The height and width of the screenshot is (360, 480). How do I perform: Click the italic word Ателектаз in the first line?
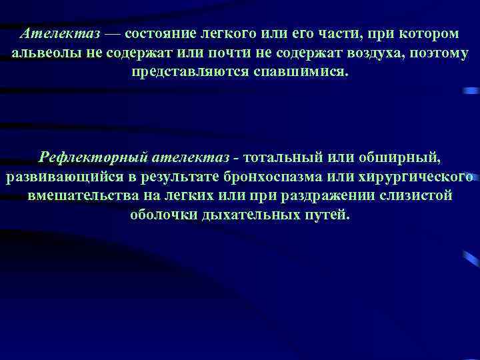tap(59, 33)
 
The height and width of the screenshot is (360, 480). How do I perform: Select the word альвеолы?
tap(46, 53)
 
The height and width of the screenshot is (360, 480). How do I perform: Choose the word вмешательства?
tap(81, 196)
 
